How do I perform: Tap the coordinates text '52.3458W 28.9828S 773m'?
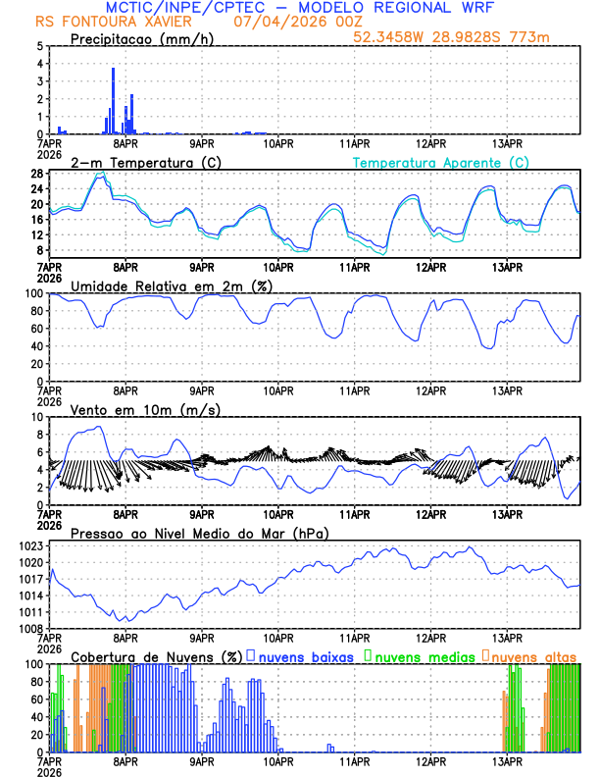coord(450,37)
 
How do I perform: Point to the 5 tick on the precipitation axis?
coord(39,46)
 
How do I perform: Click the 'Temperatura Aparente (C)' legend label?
coord(440,162)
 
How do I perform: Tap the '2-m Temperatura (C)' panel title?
coord(146,162)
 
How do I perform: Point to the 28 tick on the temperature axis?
coord(36,174)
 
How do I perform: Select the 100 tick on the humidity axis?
coord(34,293)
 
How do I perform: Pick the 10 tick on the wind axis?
coord(36,417)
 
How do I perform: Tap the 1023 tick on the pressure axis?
coord(30,545)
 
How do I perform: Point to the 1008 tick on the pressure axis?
coord(30,628)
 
